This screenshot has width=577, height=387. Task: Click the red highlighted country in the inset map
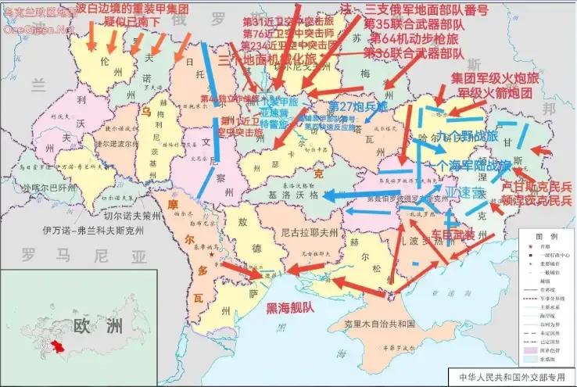pos(57,345)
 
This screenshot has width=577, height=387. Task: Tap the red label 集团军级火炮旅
pos(496,79)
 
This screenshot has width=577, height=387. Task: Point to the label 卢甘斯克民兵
pos(536,187)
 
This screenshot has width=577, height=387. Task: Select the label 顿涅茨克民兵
pos(536,201)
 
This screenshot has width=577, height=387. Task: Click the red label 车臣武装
pos(453,235)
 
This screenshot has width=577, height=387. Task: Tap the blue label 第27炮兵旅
pos(357,106)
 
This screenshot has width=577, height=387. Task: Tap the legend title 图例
pos(547,236)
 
